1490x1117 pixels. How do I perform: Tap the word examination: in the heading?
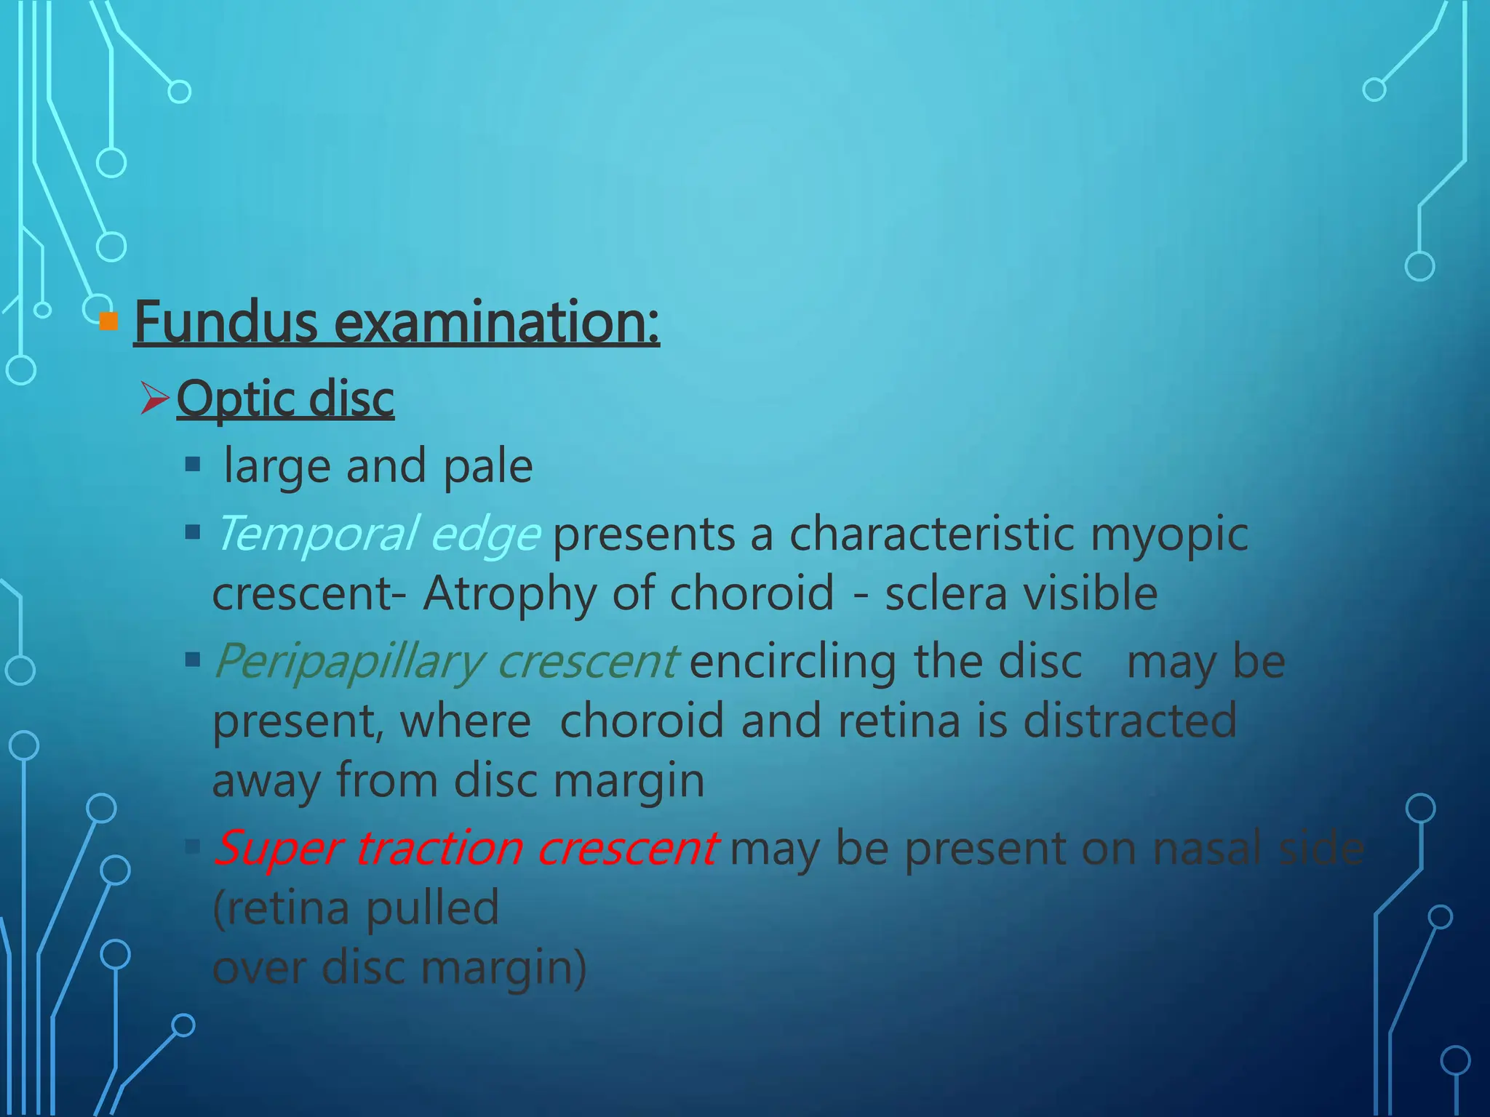496,322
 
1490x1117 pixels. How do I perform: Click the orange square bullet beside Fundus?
108,321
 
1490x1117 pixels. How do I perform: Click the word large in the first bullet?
276,467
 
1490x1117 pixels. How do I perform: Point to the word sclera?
946,593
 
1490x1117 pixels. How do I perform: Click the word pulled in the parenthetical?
433,908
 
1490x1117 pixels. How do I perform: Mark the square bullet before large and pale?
193,464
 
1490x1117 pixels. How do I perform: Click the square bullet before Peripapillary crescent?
193,660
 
